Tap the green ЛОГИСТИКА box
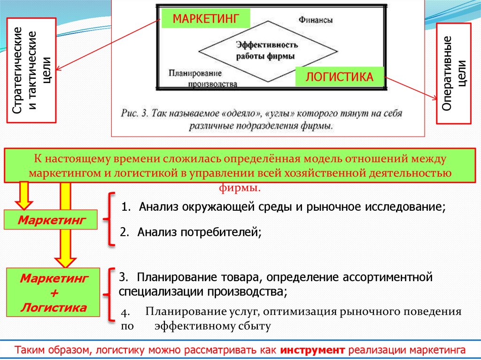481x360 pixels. pos(340,77)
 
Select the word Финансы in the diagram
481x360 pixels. pos(316,20)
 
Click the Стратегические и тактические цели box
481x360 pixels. pos(31,70)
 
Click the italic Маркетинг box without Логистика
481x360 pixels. pos(51,220)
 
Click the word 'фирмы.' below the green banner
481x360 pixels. pos(240,188)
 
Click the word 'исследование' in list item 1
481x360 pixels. pos(407,207)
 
